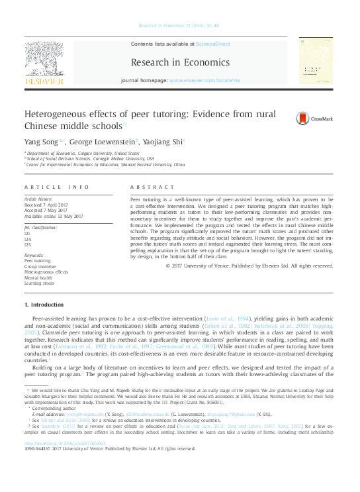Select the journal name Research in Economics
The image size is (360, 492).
point(180,63)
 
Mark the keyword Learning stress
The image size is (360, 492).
point(41,283)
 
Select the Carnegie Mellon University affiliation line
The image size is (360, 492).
point(99,158)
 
